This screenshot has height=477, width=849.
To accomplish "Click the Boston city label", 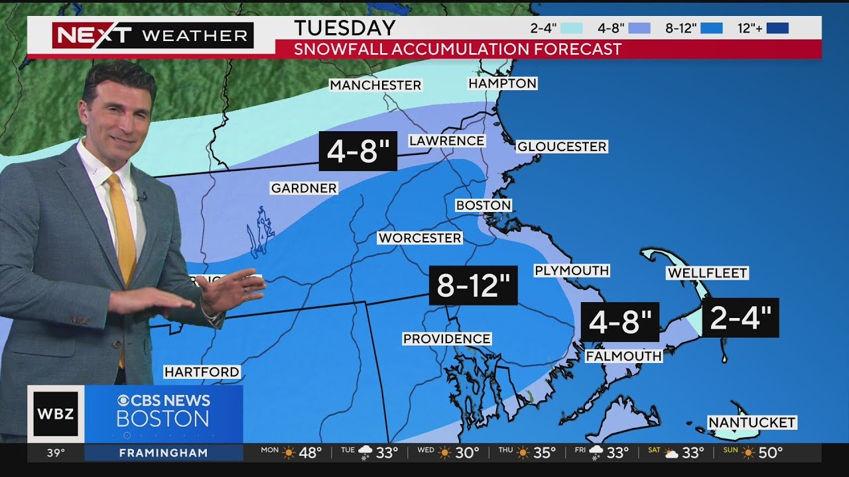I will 484,205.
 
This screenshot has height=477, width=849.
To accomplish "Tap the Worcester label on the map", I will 420,238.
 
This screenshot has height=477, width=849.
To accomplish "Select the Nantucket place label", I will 751,423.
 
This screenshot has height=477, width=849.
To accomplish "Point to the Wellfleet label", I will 708,273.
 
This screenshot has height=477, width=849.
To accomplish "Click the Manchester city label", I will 375,85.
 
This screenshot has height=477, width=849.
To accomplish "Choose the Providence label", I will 447,339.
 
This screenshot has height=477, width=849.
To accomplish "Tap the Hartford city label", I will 202,372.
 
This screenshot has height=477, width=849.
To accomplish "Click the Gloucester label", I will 562,146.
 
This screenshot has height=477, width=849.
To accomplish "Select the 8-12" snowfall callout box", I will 473,286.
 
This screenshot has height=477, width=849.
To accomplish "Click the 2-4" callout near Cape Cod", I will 740,318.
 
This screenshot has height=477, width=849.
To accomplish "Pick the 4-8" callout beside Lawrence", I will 358,152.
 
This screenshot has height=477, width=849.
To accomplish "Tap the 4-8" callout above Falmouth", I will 620,322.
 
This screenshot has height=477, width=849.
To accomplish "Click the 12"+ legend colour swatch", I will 777,28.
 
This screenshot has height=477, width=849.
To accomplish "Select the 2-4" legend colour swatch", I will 571,28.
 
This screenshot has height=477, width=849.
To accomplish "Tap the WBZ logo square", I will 56,413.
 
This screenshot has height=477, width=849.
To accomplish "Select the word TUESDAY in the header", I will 345,28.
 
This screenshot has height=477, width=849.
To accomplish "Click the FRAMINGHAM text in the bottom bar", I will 163,453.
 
